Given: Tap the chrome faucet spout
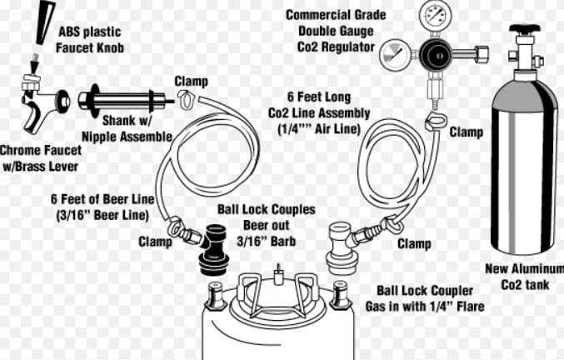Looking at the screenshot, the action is (34, 112).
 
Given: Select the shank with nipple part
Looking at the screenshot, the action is (122, 102).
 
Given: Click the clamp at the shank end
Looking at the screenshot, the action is (187, 99).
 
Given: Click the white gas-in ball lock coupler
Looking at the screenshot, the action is (341, 248).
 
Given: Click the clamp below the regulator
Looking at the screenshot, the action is (435, 121).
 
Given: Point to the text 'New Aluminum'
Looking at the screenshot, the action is (525, 268).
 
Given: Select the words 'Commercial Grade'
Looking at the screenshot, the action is (336, 15).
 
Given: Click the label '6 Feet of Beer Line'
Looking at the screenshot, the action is (102, 199).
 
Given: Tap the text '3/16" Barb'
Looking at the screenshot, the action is (267, 242).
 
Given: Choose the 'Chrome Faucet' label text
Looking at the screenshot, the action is (41, 150).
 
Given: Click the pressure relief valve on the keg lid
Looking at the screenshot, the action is (277, 275).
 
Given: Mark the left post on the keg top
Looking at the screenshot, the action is (216, 296).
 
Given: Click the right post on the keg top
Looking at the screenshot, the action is (340, 295).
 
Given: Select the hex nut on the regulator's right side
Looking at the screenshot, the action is (481, 54).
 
